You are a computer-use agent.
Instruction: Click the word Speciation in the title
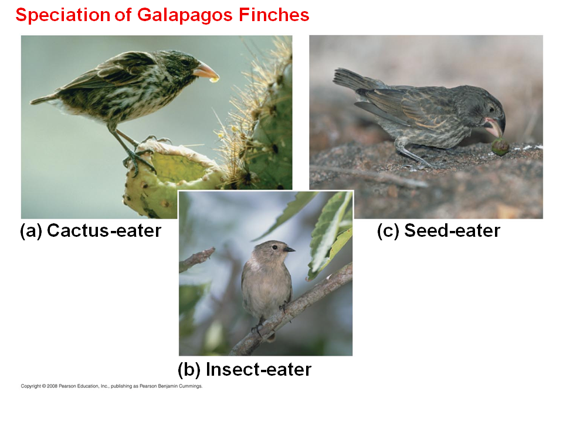[x=63, y=15]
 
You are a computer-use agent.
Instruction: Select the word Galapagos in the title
[x=185, y=15]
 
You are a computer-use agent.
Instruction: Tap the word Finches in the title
[x=274, y=15]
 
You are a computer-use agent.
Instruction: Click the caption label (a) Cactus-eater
[x=90, y=231]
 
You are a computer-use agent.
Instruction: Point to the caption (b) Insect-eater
[x=245, y=370]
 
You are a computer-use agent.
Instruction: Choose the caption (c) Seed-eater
[x=439, y=231]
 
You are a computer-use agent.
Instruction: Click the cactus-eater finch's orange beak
[x=205, y=70]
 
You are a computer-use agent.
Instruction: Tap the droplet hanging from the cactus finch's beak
[x=214, y=80]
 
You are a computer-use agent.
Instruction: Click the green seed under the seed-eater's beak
[x=500, y=147]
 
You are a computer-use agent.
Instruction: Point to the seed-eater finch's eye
[x=491, y=109]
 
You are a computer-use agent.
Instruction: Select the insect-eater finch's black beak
[x=289, y=249]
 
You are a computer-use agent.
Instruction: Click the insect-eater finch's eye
[x=274, y=247]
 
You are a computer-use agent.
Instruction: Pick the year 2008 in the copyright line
[x=52, y=386]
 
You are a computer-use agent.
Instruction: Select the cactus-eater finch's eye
[x=185, y=62]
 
